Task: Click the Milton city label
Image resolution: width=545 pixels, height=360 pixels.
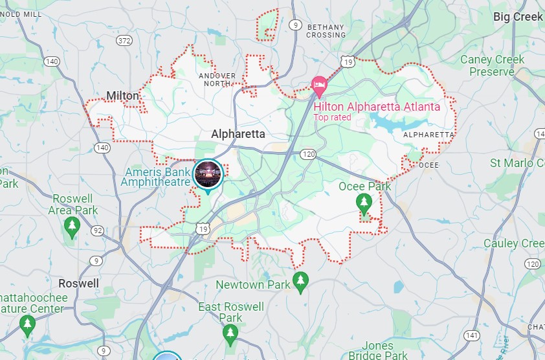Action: click(122, 96)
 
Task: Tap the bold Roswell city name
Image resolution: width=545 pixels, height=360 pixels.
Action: click(79, 284)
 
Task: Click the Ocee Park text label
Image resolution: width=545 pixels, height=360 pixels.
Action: click(365, 186)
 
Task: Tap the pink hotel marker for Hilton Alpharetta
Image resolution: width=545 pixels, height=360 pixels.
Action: click(318, 85)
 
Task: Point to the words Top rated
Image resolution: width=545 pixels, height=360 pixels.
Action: click(332, 117)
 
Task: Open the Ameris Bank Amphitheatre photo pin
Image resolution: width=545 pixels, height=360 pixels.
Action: click(208, 175)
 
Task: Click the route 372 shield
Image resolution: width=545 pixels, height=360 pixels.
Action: click(124, 40)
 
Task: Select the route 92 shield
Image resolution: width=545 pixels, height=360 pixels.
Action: click(98, 230)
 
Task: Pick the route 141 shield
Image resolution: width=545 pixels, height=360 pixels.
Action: click(472, 335)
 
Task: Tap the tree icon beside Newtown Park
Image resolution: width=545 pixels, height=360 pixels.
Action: click(300, 281)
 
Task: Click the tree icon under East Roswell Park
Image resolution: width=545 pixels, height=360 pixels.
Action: click(230, 333)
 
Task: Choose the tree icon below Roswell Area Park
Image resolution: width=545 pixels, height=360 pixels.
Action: click(72, 226)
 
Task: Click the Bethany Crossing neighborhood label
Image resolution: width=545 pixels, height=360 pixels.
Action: click(326, 30)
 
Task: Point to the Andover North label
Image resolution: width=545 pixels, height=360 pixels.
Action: click(217, 80)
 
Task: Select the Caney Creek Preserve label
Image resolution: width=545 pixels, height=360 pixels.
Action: click(492, 65)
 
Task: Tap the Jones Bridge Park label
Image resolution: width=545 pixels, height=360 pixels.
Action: click(378, 350)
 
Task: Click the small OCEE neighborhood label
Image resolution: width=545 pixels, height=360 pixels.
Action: click(428, 165)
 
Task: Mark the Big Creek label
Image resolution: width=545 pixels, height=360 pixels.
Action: click(518, 17)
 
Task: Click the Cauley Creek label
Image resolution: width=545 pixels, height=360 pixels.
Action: click(514, 243)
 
